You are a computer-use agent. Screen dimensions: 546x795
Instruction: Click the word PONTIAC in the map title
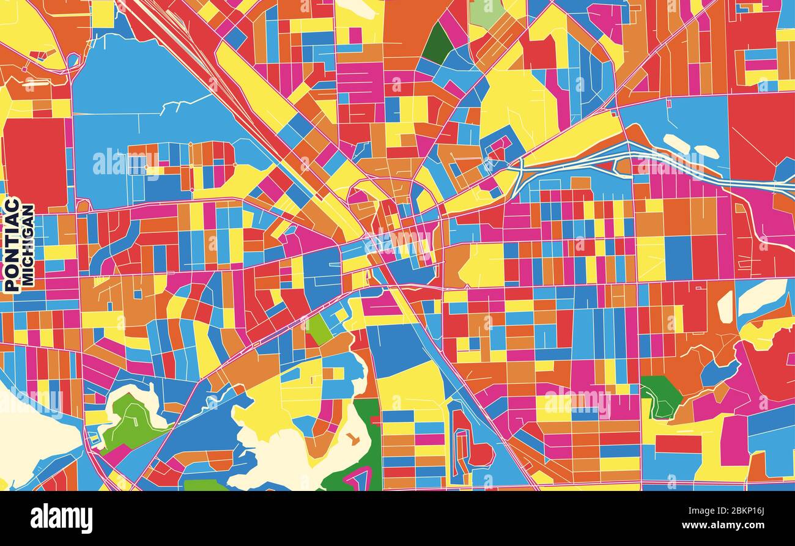[x=11, y=244]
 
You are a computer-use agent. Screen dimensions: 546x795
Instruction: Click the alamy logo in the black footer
[x=61, y=518]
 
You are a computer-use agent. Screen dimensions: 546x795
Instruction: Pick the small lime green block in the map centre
[x=319, y=330]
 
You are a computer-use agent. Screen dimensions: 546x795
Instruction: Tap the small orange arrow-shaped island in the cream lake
[x=353, y=438]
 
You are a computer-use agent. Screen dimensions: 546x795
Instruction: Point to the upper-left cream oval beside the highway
[x=676, y=143]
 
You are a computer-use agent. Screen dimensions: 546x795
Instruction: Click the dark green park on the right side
[x=659, y=396]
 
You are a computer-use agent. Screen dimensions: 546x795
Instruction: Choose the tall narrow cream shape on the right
[x=725, y=307]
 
